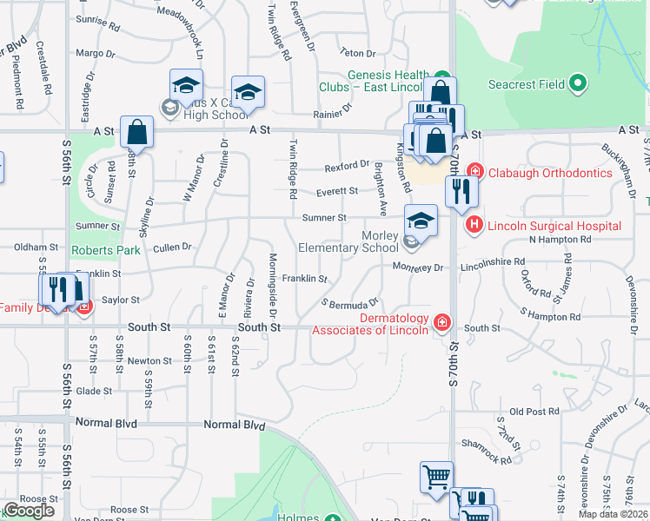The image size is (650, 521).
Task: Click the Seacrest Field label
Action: pos(527,84)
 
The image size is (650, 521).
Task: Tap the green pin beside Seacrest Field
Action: pos(578,84)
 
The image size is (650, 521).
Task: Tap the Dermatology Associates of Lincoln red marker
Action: pos(442,323)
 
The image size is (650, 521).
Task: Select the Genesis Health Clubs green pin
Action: pos(441,76)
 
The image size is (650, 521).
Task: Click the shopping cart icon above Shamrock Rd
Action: pos(436,476)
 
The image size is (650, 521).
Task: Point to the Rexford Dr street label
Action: pos(348,165)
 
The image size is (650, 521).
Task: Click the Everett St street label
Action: pos(337,191)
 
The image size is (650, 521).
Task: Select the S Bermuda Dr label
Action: pos(350,303)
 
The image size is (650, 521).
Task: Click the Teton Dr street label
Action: pos(356,53)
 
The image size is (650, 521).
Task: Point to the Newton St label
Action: pos(143,360)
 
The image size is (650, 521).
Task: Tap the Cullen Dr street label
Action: pos(172,247)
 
